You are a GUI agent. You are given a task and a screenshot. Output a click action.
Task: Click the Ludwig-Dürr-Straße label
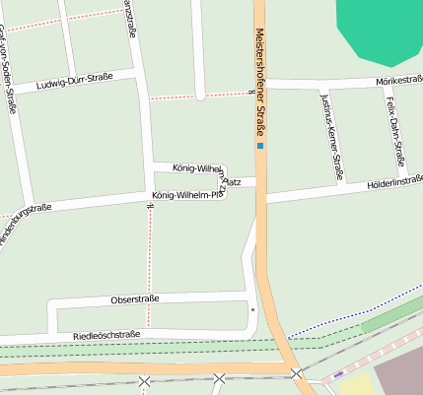(x=74, y=80)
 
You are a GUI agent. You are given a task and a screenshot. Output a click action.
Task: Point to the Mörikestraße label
(x=398, y=80)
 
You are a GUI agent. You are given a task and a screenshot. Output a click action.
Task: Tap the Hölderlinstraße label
(x=394, y=182)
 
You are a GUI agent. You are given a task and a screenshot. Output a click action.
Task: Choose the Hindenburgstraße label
(x=24, y=223)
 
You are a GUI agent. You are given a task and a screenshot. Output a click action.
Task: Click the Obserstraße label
(x=135, y=298)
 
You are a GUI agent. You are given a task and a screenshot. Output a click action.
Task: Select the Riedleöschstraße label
(x=106, y=335)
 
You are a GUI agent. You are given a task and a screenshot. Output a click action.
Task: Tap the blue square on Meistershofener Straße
(x=260, y=147)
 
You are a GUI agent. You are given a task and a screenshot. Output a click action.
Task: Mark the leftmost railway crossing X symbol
(x=145, y=380)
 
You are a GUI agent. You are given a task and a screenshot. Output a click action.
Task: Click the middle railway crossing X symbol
(x=219, y=378)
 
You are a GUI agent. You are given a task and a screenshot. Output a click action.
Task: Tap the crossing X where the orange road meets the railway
(x=296, y=373)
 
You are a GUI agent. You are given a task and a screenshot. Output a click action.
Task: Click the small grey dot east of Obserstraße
(x=252, y=309)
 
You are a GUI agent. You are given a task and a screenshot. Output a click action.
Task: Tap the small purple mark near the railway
(x=338, y=374)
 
